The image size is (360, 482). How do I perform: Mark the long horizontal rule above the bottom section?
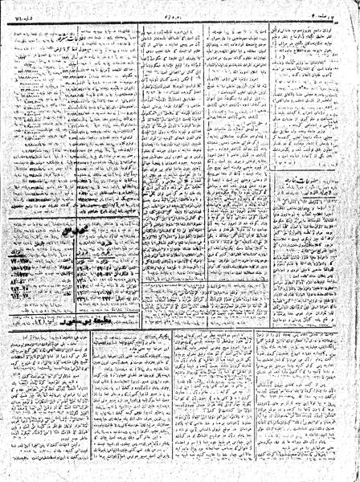coord(180,305)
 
